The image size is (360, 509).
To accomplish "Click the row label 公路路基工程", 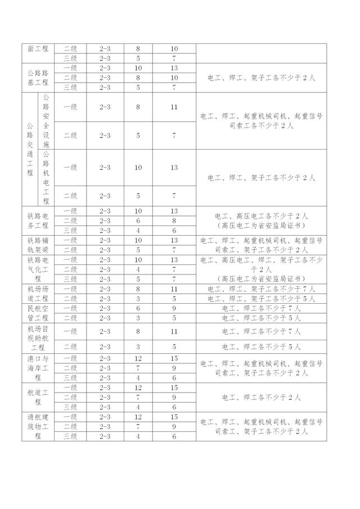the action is click(38, 78).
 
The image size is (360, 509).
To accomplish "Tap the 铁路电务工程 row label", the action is click(38, 220).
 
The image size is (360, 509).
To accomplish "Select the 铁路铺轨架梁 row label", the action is click(38, 245).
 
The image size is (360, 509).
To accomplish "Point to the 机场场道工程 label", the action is click(38, 294).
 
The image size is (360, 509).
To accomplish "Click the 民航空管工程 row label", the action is click(38, 313).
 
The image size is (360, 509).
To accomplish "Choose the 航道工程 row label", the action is click(38, 397).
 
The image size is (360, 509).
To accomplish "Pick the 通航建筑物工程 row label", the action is click(38, 426).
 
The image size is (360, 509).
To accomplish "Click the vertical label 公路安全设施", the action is click(46, 121).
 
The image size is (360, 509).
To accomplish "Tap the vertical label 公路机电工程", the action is click(46, 177).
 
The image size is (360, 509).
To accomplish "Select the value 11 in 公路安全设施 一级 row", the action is click(174, 107).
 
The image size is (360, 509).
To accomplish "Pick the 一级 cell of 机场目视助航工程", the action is click(70, 332).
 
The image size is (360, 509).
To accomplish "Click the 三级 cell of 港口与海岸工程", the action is click(70, 377).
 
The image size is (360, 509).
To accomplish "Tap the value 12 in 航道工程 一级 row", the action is click(138, 388).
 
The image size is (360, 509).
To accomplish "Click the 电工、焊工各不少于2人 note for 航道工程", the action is click(260, 397).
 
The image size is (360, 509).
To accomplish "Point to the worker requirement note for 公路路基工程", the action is click(260, 78).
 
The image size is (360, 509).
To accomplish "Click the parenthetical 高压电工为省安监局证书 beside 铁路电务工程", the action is click(260, 225).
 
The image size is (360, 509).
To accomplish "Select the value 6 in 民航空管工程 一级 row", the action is click(138, 308).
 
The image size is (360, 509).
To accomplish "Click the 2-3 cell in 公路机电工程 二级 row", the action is click(105, 196).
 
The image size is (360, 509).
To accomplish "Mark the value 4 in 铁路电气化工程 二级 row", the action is click(138, 269).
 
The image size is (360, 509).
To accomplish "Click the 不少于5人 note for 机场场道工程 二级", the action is click(260, 299).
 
